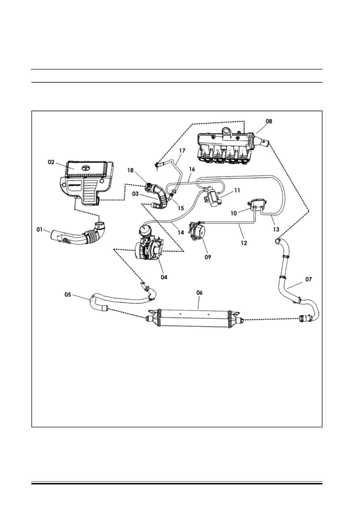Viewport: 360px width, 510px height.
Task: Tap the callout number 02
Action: pyautogui.click(x=51, y=162)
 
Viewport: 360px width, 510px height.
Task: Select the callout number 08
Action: pyautogui.click(x=269, y=121)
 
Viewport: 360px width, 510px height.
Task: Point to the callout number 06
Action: pyautogui.click(x=199, y=293)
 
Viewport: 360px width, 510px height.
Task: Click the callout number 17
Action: pyautogui.click(x=182, y=151)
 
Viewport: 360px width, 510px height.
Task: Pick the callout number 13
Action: pyautogui.click(x=276, y=230)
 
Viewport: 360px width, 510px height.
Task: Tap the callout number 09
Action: pyautogui.click(x=208, y=257)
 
